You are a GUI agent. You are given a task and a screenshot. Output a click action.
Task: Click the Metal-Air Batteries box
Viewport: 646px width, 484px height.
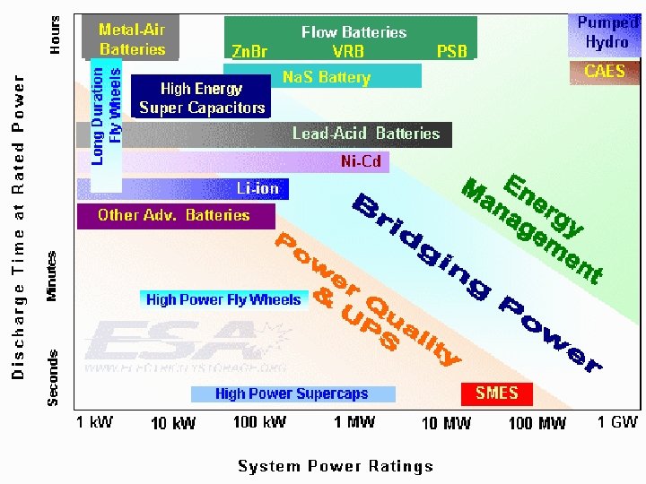(x=132, y=39)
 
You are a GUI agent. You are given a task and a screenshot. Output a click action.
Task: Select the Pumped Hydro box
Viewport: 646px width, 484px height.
(x=607, y=34)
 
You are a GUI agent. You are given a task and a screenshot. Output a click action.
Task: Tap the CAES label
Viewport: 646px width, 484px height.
(x=605, y=72)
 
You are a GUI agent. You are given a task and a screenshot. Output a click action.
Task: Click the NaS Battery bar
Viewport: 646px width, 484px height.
(x=327, y=77)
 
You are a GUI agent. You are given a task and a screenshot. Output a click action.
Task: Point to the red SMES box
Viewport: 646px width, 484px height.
(x=497, y=393)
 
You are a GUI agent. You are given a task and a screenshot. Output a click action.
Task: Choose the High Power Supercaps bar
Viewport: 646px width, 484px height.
(x=292, y=393)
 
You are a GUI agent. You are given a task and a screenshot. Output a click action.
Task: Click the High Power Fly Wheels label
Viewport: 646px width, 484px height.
(x=223, y=299)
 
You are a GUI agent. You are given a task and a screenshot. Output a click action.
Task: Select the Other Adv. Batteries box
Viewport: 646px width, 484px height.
(x=174, y=215)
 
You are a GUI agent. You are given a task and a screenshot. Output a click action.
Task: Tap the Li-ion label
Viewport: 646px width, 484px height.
(x=258, y=189)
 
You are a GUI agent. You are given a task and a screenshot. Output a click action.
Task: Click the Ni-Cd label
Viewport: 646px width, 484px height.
(x=361, y=162)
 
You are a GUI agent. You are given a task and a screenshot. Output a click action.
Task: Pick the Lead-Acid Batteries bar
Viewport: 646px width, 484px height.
(x=366, y=134)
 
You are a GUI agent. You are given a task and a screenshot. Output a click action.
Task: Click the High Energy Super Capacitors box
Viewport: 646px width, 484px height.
(x=202, y=99)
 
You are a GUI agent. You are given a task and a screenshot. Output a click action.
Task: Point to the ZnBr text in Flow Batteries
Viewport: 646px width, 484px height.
(x=249, y=51)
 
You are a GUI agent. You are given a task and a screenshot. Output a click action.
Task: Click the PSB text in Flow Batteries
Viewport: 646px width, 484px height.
(x=451, y=51)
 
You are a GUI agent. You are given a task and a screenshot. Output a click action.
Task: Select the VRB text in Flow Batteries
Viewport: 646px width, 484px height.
(x=348, y=51)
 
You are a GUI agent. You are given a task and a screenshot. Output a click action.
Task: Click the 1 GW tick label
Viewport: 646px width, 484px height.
(x=617, y=422)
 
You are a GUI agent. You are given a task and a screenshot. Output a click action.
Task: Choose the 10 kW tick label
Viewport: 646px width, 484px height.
(x=172, y=423)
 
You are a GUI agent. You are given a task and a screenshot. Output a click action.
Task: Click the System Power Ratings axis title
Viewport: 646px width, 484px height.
(x=336, y=465)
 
